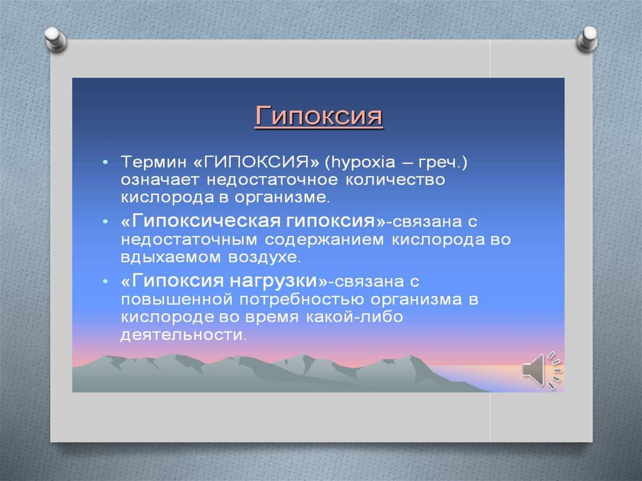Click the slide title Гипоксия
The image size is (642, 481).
[318, 117]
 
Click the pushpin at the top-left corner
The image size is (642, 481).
[56, 39]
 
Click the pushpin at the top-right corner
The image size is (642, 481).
[587, 39]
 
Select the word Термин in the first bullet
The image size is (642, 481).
[153, 162]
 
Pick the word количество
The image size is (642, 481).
[395, 180]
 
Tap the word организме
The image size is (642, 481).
[282, 198]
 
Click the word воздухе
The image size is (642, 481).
[264, 257]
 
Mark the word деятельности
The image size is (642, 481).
[184, 335]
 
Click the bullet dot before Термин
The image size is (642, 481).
[105, 162]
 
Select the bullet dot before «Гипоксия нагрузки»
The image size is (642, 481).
[105, 282]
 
